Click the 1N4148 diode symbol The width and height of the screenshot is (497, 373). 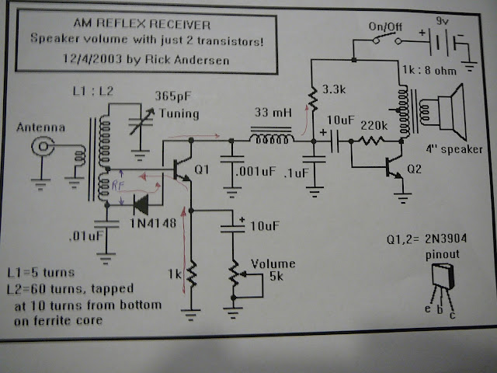tap(141, 205)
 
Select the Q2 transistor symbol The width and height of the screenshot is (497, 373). tap(394, 168)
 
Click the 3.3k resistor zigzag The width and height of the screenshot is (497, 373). tap(313, 99)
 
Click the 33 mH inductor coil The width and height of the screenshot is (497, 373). tap(272, 139)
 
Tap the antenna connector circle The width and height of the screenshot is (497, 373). tap(43, 147)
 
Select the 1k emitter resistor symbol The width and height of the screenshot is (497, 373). tap(191, 274)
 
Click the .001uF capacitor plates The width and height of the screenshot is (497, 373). tap(232, 159)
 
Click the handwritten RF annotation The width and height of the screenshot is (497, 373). tap(117, 185)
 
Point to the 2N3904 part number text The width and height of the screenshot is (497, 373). tap(446, 239)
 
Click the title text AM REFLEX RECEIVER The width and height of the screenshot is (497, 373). tap(141, 23)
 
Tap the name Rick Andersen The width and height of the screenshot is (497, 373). tap(187, 60)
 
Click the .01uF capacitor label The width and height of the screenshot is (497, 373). tap(86, 235)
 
